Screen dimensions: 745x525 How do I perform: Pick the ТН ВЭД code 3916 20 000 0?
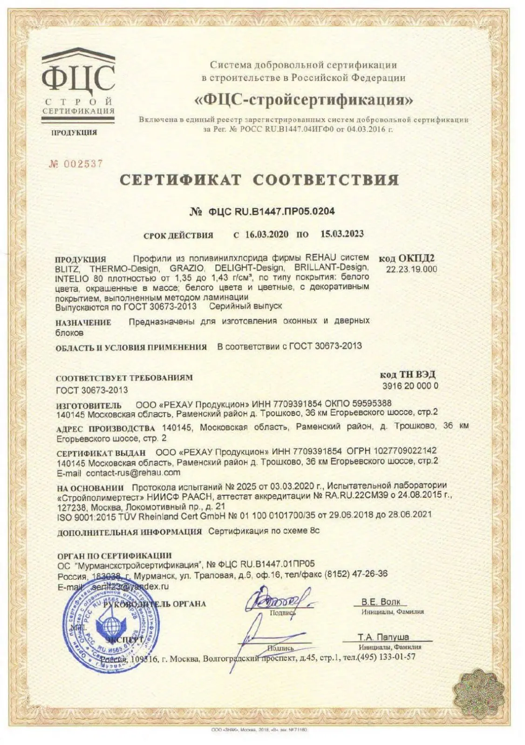(410, 386)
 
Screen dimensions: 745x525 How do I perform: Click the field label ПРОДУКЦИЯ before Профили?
(81, 259)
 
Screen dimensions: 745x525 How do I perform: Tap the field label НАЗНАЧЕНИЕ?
(83, 322)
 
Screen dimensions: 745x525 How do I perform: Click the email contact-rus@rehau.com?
(133, 473)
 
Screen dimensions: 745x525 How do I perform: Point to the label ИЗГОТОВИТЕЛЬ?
(89, 405)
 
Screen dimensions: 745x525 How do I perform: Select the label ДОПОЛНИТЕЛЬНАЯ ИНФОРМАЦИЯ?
(130, 532)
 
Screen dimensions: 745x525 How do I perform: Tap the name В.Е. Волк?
(381, 602)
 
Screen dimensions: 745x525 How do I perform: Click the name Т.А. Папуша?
(383, 637)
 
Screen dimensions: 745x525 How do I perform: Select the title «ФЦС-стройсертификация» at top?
(303, 99)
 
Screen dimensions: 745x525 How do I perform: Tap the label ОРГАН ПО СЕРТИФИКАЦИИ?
(114, 555)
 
